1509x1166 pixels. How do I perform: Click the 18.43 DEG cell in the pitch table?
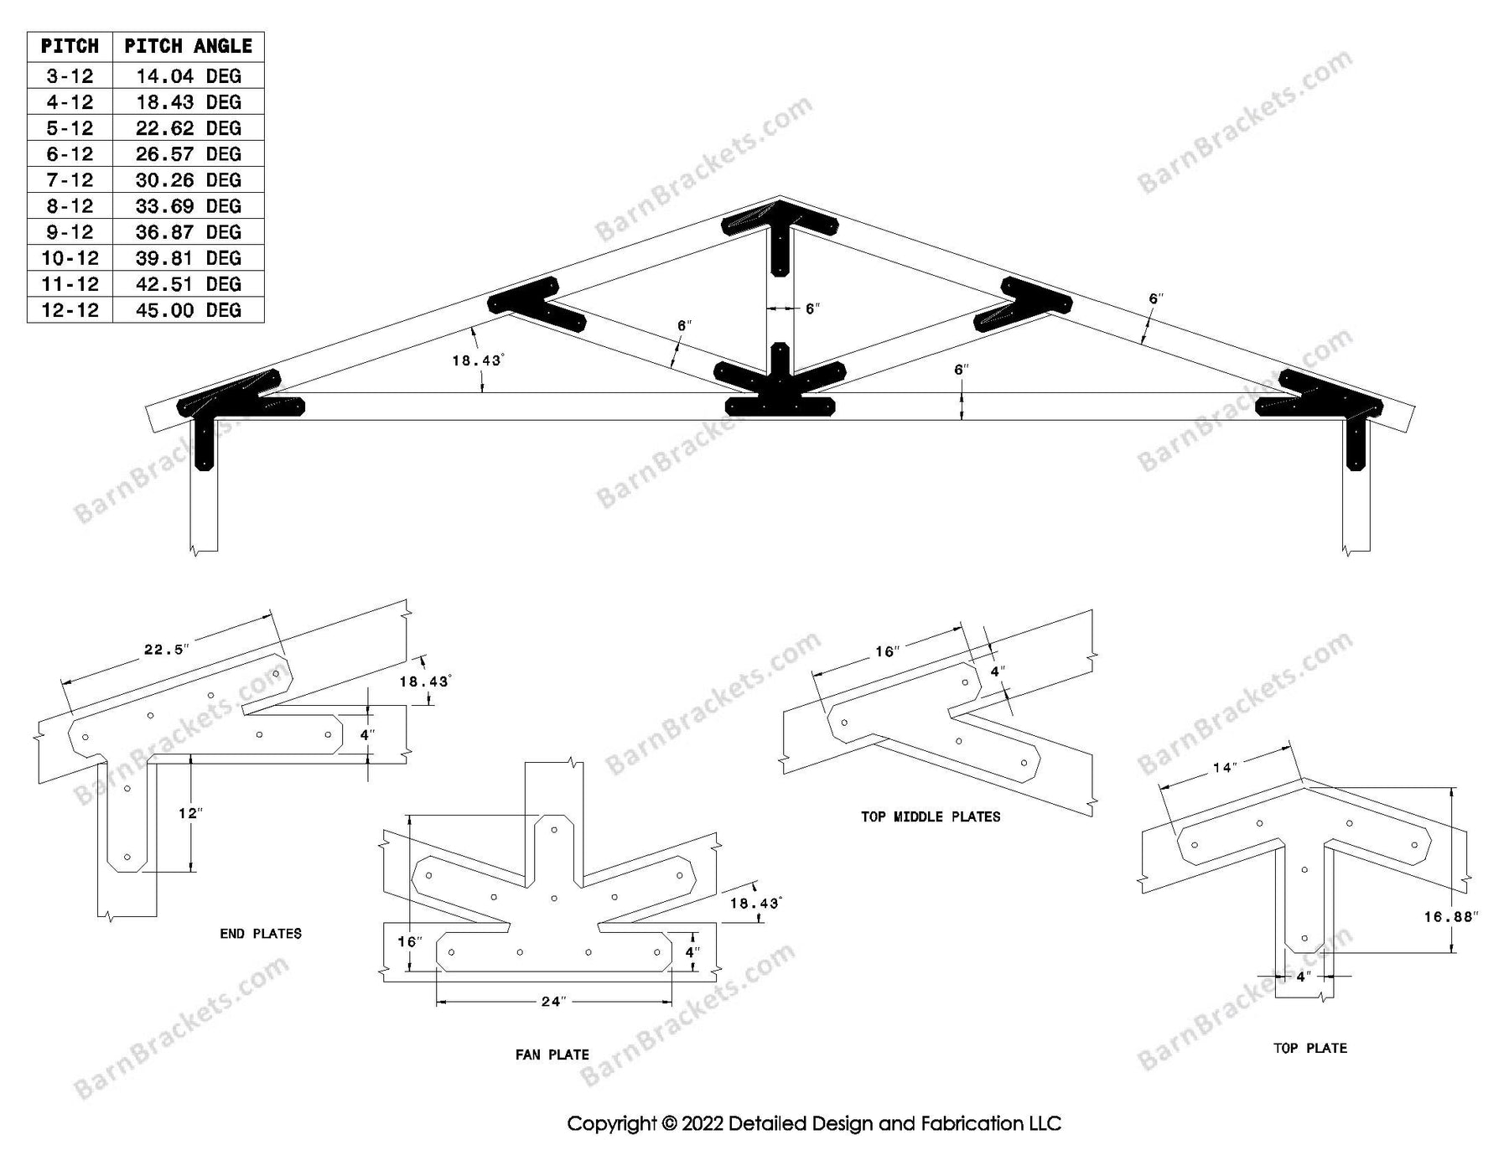point(188,102)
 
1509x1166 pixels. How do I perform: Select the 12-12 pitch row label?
point(70,310)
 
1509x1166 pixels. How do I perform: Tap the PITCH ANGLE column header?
point(188,46)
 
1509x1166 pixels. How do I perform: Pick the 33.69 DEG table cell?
point(188,206)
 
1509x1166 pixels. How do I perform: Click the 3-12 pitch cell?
point(70,76)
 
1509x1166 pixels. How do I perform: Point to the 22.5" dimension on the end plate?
point(167,650)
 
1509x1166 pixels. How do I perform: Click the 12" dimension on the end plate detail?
point(190,813)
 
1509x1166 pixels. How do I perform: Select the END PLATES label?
point(260,934)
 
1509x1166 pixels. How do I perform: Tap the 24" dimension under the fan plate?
point(553,1001)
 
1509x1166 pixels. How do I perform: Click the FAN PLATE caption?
point(552,1055)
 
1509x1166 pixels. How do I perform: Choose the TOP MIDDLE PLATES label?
point(930,816)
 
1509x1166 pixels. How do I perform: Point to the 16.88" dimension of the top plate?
point(1450,917)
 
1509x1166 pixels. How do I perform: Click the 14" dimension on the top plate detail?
point(1225,768)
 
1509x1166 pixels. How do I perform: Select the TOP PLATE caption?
point(1309,1048)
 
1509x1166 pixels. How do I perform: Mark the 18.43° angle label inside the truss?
point(477,360)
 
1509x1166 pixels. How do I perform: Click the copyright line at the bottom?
point(813,1123)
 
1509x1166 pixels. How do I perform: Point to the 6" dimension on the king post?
point(812,308)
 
